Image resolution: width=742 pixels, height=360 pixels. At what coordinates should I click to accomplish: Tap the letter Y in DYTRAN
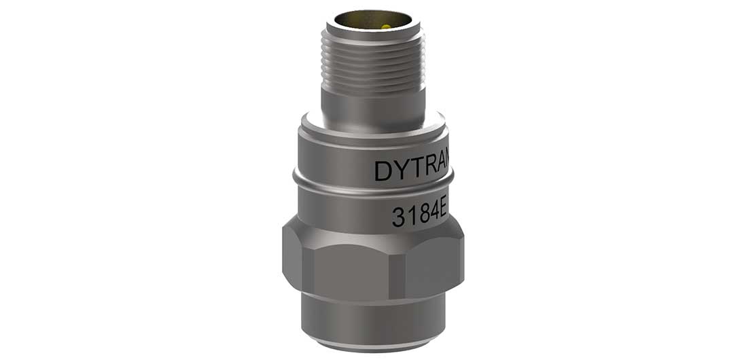(x=401, y=170)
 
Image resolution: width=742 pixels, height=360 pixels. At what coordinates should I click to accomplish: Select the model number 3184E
(x=419, y=215)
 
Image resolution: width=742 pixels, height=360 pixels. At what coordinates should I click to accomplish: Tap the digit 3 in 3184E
(x=399, y=217)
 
